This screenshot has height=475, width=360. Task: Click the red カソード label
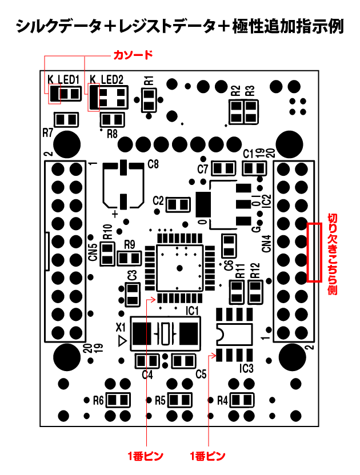133,55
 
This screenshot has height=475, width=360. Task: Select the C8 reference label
153,164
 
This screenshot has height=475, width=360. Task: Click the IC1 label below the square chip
192,311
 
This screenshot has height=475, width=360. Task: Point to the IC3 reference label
246,368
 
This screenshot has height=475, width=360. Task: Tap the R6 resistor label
98,400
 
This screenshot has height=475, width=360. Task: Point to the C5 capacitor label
201,375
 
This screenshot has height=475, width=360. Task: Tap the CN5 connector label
93,252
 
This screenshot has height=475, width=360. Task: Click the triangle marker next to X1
122,341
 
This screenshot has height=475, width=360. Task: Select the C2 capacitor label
159,201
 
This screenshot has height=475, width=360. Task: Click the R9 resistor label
129,244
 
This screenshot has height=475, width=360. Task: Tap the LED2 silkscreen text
112,79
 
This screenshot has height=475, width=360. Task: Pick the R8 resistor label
112,135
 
